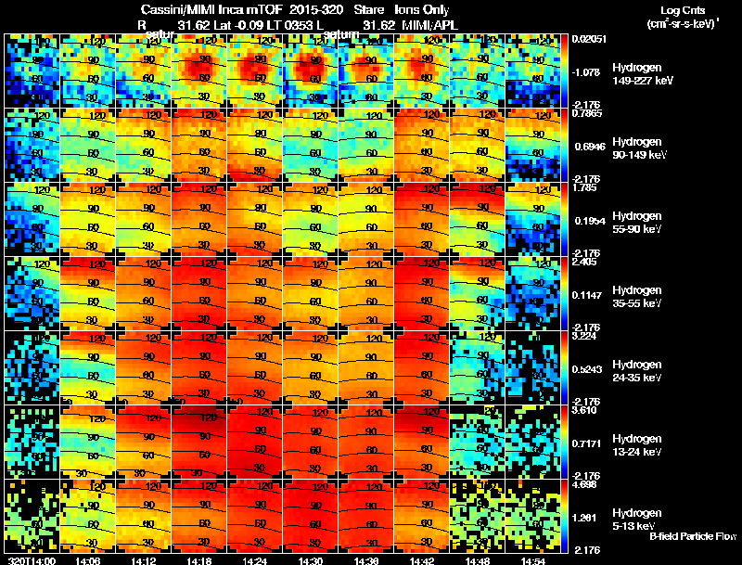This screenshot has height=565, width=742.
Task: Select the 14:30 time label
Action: tap(311, 559)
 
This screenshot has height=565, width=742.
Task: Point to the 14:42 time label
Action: tap(422, 559)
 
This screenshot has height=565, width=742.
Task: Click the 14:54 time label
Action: tap(532, 559)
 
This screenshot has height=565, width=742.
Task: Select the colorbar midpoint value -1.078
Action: tap(589, 71)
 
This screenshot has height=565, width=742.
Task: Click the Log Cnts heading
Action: tap(678, 9)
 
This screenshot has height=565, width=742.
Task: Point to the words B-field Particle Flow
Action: tap(692, 536)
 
